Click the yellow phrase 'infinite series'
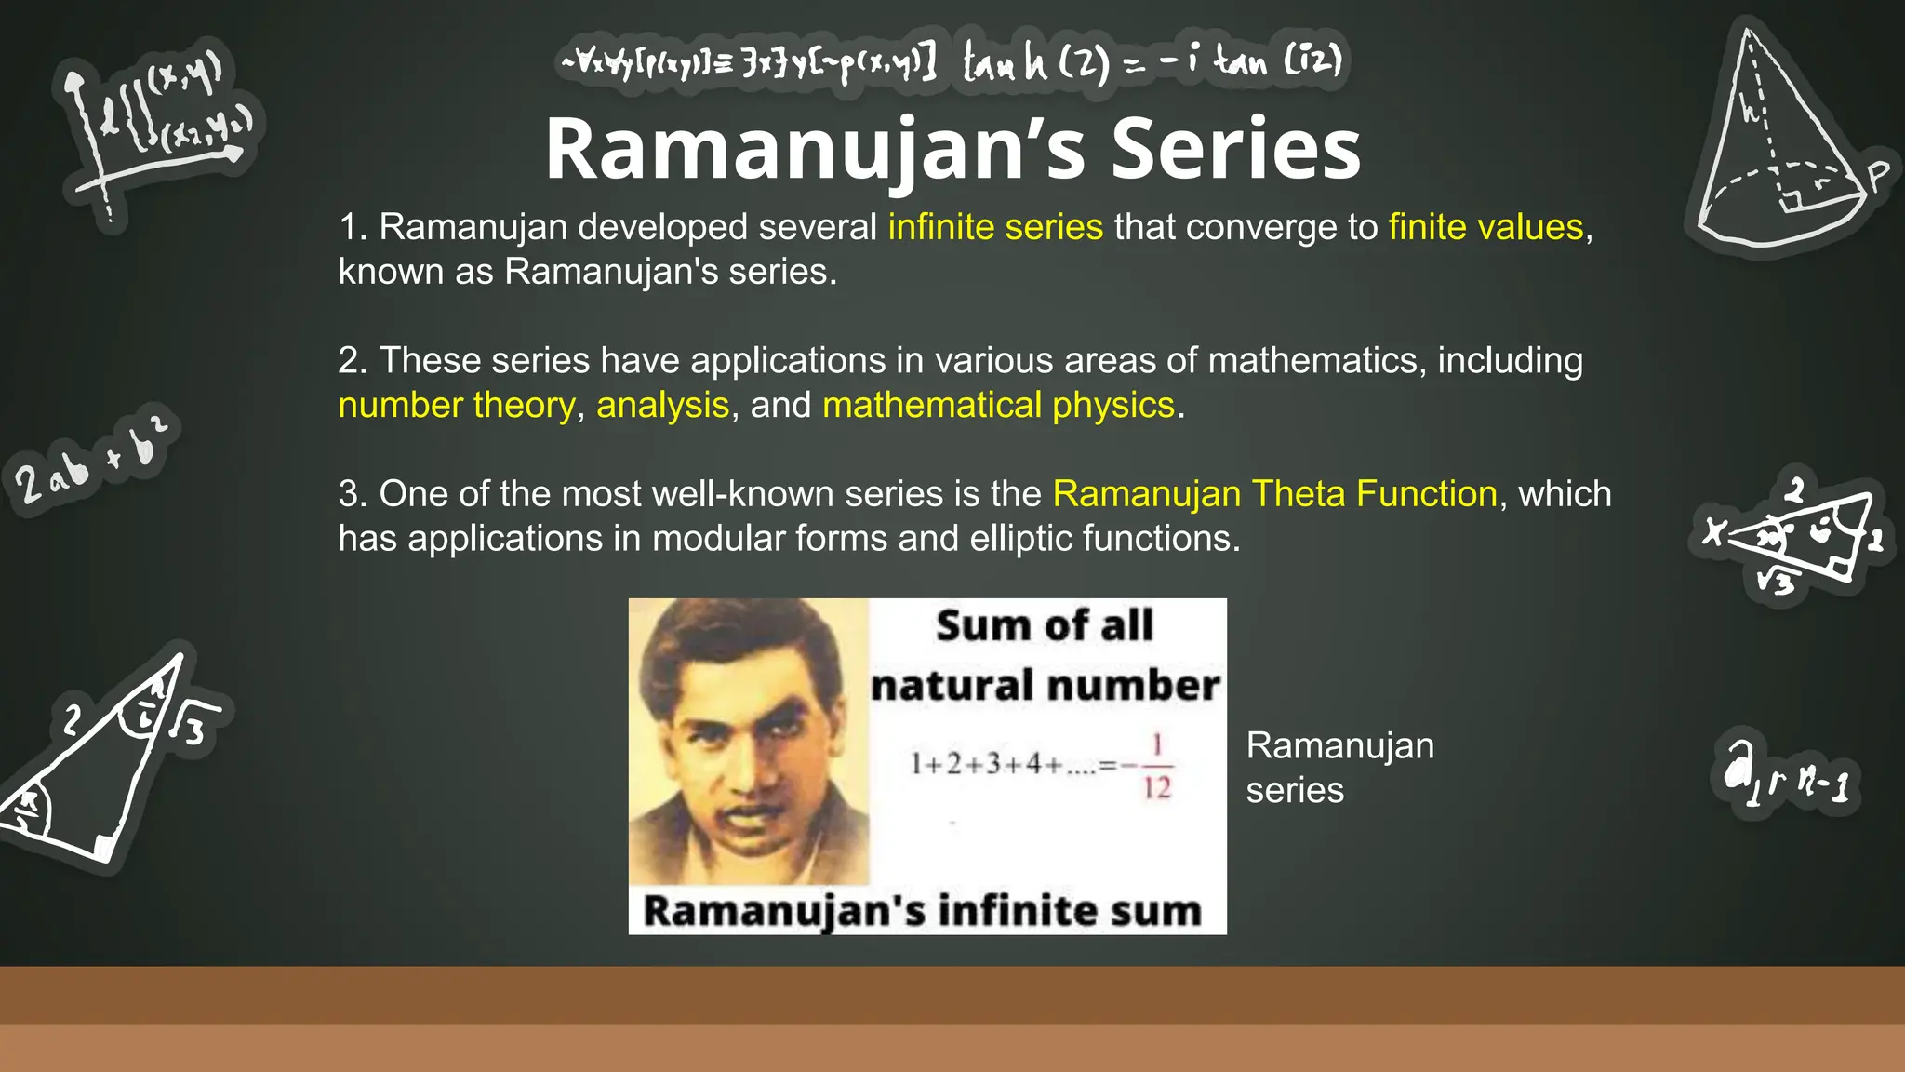995,227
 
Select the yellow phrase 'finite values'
1485,227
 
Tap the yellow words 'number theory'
457,405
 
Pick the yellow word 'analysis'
662,405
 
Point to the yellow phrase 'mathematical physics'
998,405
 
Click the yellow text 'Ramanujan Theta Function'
1274,493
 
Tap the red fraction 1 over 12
1156,766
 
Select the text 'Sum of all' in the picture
1045,625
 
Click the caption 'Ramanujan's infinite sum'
922,910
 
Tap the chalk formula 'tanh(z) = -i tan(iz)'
1152,61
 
